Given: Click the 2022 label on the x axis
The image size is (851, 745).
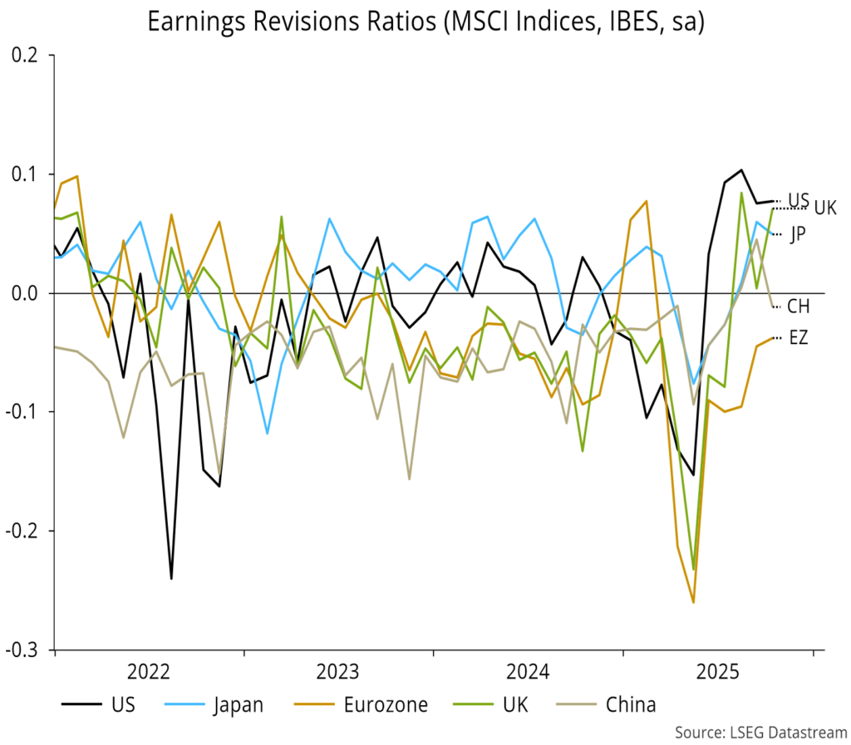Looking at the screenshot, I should [x=150, y=671].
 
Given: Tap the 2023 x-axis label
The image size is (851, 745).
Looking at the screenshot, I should [x=338, y=671].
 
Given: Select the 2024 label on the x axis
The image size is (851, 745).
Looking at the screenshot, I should [x=528, y=671].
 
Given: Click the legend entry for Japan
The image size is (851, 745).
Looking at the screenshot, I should [x=238, y=705].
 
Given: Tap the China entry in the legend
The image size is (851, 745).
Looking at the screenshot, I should [x=631, y=705].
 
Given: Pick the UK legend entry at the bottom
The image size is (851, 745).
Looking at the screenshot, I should [x=514, y=705].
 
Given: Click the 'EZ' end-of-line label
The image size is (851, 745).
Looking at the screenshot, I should [x=798, y=337].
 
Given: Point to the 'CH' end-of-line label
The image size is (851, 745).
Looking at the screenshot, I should [x=799, y=306].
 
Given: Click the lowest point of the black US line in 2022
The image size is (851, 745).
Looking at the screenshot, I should [x=171, y=577].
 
